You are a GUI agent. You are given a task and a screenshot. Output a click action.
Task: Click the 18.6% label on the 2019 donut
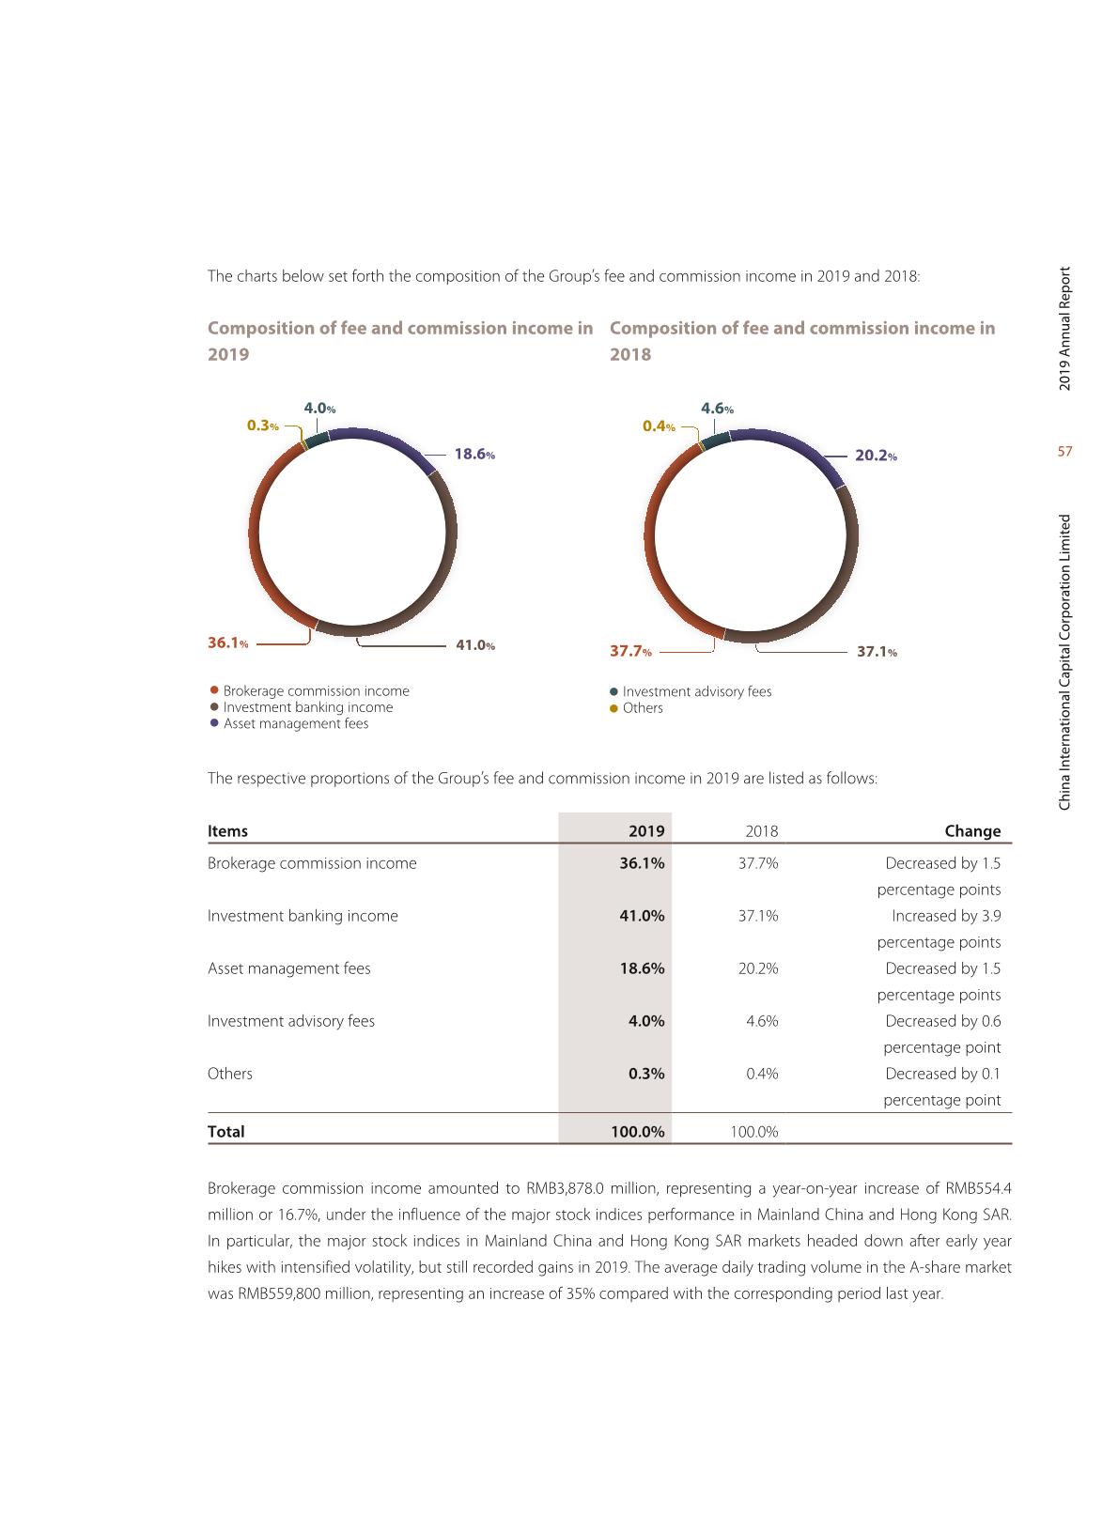point(474,455)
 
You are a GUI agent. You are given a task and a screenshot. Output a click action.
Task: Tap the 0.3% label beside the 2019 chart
point(262,426)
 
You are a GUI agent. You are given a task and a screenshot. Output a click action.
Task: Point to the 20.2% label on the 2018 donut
point(876,456)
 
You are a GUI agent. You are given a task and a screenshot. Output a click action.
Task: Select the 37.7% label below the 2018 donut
point(630,651)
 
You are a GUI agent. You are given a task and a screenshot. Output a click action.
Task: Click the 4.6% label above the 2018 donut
point(717,409)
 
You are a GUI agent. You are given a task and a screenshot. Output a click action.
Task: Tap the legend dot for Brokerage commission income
point(214,690)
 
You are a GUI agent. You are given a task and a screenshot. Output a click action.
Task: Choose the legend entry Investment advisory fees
point(696,691)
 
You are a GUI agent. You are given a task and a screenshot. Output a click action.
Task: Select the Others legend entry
point(642,708)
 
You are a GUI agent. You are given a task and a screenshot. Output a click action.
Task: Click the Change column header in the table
point(972,830)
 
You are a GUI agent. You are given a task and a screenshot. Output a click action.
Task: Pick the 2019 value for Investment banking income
point(642,916)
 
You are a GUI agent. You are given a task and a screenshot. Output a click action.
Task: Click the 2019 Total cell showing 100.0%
point(637,1132)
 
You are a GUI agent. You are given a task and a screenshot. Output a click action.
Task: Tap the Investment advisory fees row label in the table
point(291,1021)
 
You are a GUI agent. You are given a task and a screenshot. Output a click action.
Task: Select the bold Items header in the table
point(227,830)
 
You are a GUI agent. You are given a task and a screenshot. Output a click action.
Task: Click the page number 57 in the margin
point(1064,452)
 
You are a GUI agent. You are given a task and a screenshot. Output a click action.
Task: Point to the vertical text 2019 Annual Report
point(1064,329)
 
